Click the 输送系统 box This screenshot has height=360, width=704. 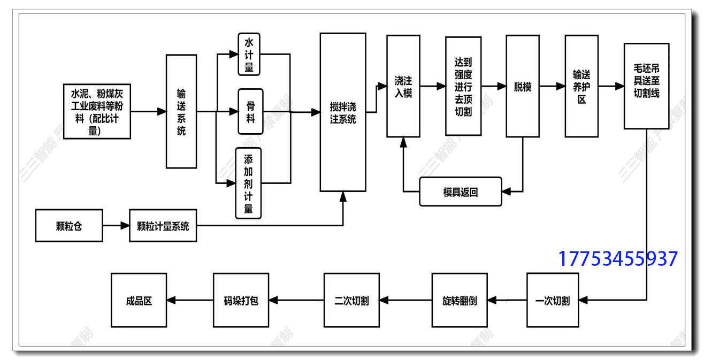181,111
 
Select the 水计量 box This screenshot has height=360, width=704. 249,54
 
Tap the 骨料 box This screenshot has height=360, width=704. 250,111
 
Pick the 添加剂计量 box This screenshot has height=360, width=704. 248,183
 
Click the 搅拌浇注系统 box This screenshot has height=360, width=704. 343,112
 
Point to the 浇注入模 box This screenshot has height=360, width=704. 403,86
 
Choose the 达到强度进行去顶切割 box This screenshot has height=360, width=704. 463,86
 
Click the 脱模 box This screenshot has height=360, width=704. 522,86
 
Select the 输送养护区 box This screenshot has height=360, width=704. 581,86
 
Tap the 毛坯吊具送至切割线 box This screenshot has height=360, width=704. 646,86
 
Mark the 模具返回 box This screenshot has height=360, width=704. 461,192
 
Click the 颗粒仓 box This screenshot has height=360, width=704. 69,226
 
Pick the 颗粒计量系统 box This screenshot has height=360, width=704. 163,226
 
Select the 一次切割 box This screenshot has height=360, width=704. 553,300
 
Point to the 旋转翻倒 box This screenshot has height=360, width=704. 460,300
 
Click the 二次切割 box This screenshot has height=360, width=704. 351,300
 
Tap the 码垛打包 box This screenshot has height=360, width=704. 241,300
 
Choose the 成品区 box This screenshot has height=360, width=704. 139,300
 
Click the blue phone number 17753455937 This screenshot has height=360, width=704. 618,259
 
